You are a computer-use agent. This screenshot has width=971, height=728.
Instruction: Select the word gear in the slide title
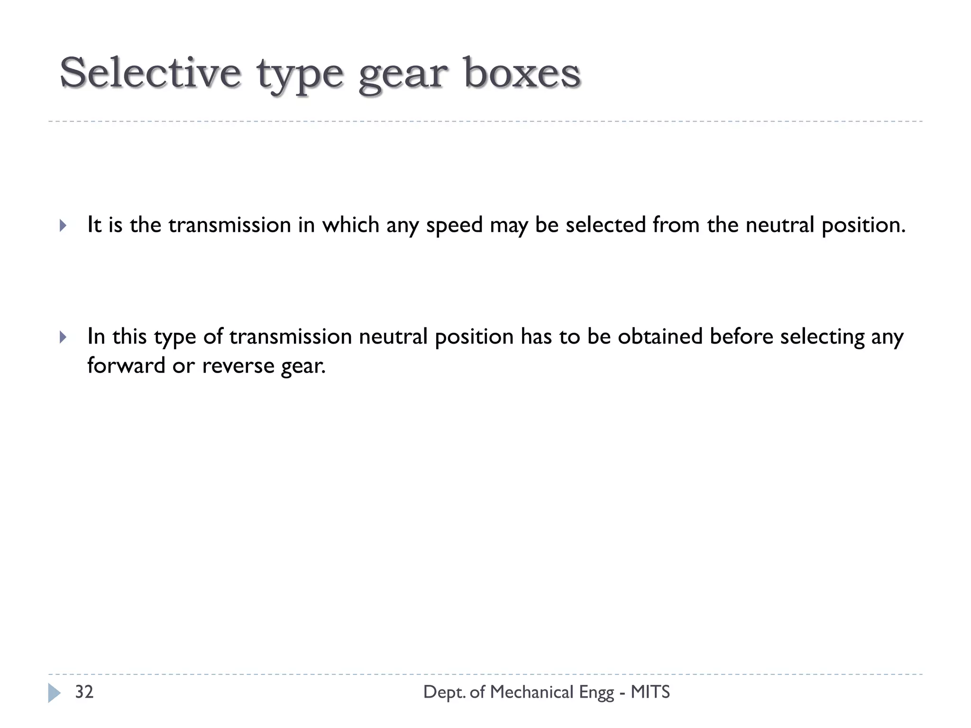(403, 76)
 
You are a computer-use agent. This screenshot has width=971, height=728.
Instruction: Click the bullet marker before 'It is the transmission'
(63, 225)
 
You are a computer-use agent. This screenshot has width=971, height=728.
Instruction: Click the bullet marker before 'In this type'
(63, 337)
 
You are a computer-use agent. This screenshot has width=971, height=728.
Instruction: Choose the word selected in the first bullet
(605, 225)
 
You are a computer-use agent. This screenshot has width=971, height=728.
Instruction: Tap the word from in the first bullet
(676, 225)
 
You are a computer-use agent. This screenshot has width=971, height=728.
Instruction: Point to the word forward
(126, 365)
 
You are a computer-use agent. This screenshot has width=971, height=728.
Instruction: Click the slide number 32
(84, 692)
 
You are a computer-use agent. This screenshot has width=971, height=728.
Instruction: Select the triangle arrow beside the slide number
(54, 692)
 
